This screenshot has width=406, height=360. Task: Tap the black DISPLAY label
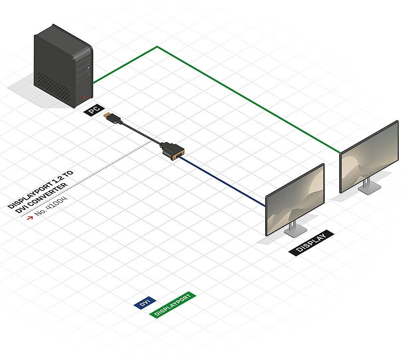pyautogui.click(x=311, y=243)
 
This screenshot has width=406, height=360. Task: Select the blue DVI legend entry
pyautogui.click(x=145, y=303)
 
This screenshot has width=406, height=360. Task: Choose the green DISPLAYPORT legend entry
pyautogui.click(x=172, y=305)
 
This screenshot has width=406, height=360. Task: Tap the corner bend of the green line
pyautogui.click(x=157, y=47)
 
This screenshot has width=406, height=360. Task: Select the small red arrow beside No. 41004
pyautogui.click(x=30, y=218)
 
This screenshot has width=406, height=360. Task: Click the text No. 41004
pyautogui.click(x=51, y=206)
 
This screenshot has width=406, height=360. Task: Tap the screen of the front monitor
pyautogui.click(x=295, y=199)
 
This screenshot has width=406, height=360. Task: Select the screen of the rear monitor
pyautogui.click(x=369, y=157)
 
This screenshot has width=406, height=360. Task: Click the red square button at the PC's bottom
pyautogui.click(x=84, y=98)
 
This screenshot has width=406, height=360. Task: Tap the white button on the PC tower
pyautogui.click(x=88, y=67)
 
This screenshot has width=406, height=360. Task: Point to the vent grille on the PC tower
pyautogui.click(x=53, y=86)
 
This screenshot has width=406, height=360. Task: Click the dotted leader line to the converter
pyautogui.click(x=86, y=179)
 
